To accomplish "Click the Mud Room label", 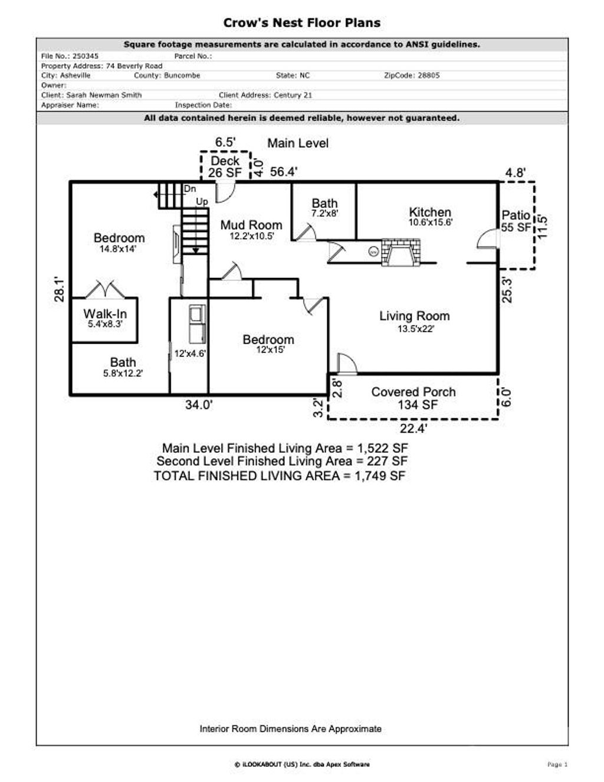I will pyautogui.click(x=251, y=225).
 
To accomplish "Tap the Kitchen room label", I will pyautogui.click(x=430, y=212).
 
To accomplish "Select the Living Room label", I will pyautogui.click(x=414, y=316).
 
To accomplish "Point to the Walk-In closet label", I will pyautogui.click(x=105, y=314).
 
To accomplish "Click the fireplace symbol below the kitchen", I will pyautogui.click(x=401, y=251).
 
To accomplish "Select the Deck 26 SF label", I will pyautogui.click(x=225, y=166).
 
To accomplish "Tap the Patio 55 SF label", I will pyautogui.click(x=516, y=221).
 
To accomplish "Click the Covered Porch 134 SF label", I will pyautogui.click(x=413, y=398).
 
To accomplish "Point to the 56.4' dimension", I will pyautogui.click(x=284, y=172).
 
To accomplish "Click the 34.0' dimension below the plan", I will pyautogui.click(x=199, y=405).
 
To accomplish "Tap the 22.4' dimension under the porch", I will pyautogui.click(x=413, y=428).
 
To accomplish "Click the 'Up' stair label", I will pyautogui.click(x=202, y=202).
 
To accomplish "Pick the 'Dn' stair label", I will pyautogui.click(x=190, y=189).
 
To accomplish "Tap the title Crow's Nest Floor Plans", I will pyautogui.click(x=301, y=23).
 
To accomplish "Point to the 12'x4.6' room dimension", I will pyautogui.click(x=189, y=354).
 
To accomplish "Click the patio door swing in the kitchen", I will pyautogui.click(x=487, y=238).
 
